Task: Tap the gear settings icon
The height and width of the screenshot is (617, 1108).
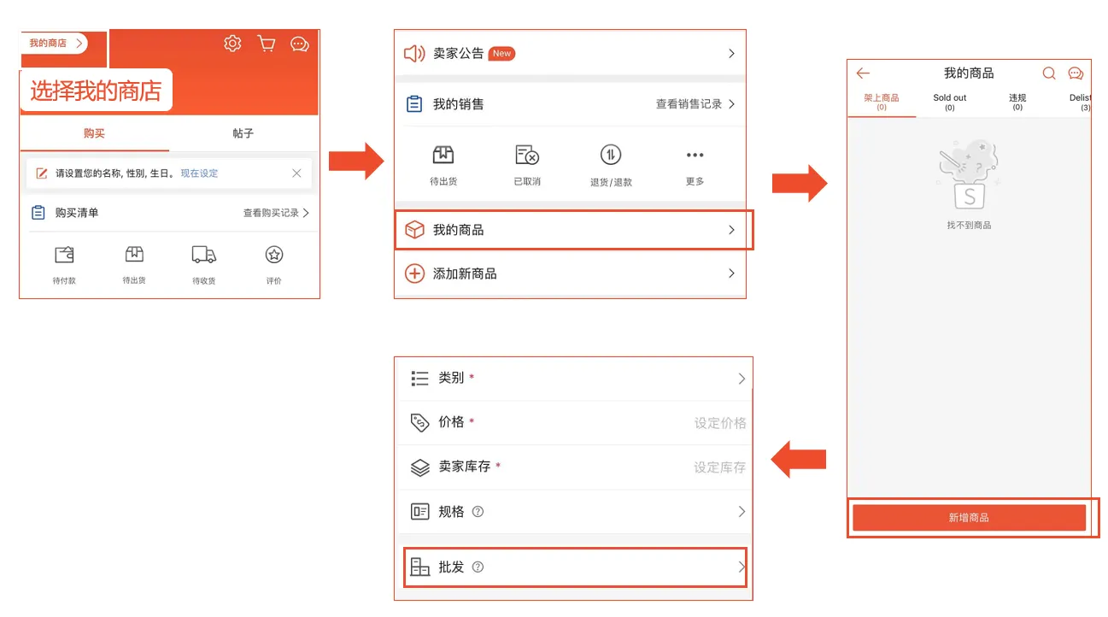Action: pyautogui.click(x=232, y=44)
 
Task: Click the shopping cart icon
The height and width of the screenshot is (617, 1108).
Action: pyautogui.click(x=267, y=44)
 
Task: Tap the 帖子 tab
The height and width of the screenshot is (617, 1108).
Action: pyautogui.click(x=243, y=133)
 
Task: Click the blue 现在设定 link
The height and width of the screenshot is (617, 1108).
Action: pyautogui.click(x=199, y=173)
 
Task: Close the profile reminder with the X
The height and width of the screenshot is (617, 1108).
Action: pyautogui.click(x=296, y=173)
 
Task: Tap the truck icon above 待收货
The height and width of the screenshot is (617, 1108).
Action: pyautogui.click(x=203, y=255)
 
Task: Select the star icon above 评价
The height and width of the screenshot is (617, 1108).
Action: pyautogui.click(x=274, y=255)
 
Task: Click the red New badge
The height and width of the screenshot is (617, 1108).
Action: pyautogui.click(x=501, y=54)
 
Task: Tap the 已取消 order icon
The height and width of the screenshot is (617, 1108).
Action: pyautogui.click(x=527, y=156)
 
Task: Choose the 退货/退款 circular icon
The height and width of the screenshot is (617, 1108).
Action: pyautogui.click(x=610, y=156)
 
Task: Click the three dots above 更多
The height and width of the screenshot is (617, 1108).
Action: pyautogui.click(x=695, y=156)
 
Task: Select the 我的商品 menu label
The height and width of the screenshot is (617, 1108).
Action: pyautogui.click(x=459, y=230)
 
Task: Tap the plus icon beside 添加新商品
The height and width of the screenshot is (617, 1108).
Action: pyautogui.click(x=414, y=274)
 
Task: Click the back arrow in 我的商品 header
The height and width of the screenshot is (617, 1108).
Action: pyautogui.click(x=863, y=73)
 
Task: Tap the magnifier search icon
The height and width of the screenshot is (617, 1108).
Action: pyautogui.click(x=1049, y=73)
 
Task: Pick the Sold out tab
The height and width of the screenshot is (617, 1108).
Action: pyautogui.click(x=949, y=102)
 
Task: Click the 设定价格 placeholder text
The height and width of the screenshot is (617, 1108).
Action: pyautogui.click(x=719, y=423)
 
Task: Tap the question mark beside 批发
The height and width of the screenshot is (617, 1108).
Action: pyautogui.click(x=478, y=567)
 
